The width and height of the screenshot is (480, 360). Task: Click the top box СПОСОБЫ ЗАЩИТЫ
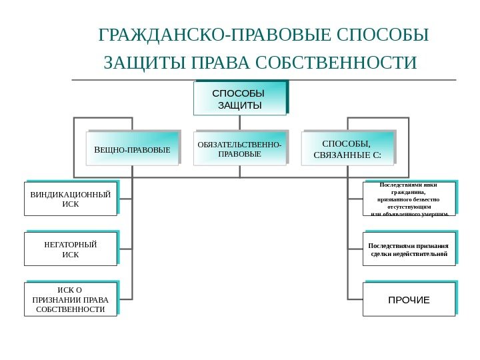click(x=240, y=99)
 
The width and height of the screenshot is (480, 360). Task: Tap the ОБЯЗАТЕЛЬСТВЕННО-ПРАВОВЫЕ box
click(x=240, y=149)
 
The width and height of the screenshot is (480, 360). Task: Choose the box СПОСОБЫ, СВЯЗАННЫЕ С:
click(x=347, y=149)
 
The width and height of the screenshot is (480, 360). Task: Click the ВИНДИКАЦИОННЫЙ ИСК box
click(x=71, y=199)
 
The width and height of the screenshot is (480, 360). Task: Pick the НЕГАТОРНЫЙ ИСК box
click(x=71, y=249)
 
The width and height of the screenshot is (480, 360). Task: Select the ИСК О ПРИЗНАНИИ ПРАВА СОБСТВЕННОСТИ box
click(x=71, y=299)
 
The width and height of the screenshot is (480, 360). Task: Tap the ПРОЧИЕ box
click(x=409, y=299)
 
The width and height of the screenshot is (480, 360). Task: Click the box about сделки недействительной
click(x=409, y=249)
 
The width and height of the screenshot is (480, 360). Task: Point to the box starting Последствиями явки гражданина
click(x=409, y=199)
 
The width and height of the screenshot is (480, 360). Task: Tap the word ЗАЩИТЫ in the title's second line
click(x=145, y=63)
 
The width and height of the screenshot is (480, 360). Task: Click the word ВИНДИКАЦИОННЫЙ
click(x=71, y=194)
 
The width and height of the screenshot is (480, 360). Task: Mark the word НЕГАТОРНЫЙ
click(x=71, y=245)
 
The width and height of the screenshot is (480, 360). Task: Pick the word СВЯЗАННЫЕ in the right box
click(x=342, y=155)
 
